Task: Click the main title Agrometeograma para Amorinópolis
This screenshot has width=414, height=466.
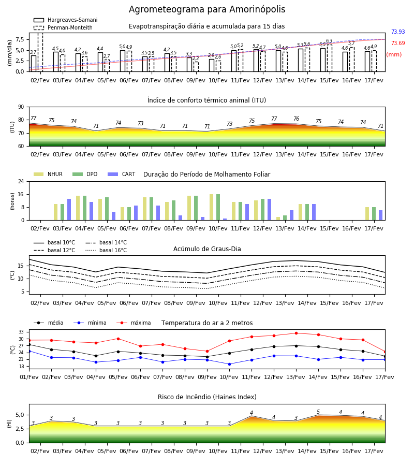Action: pos(207,9)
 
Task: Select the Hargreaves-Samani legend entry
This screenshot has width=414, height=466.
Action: pos(65,20)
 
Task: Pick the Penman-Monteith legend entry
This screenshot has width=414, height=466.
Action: pos(63,27)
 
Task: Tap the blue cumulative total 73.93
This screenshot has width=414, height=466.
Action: pos(398,32)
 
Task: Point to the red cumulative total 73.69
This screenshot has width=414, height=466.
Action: pos(398,43)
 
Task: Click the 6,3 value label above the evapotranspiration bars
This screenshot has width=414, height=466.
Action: pos(329,41)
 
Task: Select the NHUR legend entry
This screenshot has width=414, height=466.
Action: pos(48,174)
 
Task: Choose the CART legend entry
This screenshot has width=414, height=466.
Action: pos(122,174)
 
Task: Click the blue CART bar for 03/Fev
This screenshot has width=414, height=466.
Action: pos(69,210)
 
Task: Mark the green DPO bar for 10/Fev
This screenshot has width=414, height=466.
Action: pos(218,207)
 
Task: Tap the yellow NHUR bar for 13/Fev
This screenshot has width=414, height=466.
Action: pos(278,219)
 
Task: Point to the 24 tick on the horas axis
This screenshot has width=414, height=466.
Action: pos(21,181)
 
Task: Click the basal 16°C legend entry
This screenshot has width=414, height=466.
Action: pos(106,250)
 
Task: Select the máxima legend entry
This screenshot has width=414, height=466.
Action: pos(134,323)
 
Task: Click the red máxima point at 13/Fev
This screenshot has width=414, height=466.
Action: pos(296,333)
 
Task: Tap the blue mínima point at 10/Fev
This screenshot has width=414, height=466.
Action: pos(229,364)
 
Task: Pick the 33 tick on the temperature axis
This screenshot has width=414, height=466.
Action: pos(21,332)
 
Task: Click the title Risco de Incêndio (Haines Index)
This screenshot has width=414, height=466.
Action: pos(207,397)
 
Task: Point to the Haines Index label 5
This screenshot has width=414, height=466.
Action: pos(318,412)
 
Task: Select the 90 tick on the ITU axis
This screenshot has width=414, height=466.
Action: pos(21,107)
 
